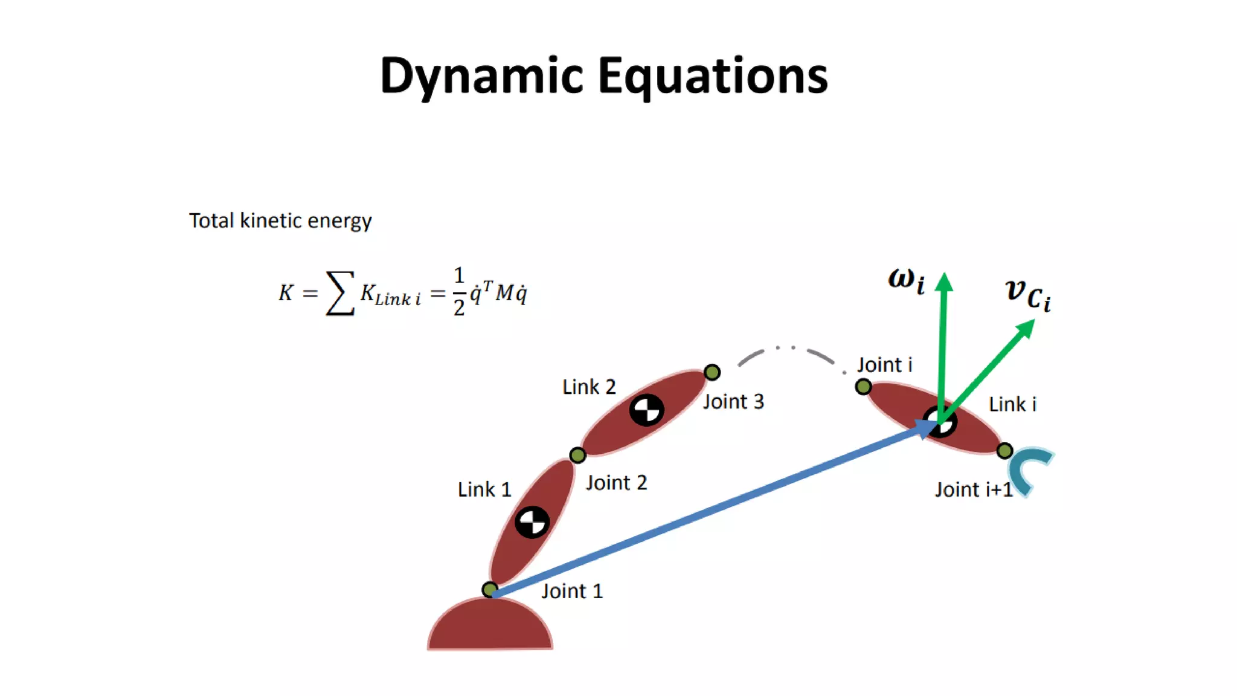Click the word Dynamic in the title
481,77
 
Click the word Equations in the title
713,77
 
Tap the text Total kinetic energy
280,221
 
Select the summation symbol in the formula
340,293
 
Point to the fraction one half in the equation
459,292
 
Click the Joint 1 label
571,591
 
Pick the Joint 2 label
616,483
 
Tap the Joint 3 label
733,402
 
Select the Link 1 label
484,489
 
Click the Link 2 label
589,387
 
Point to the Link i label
1012,404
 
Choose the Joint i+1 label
974,489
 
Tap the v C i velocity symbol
1027,295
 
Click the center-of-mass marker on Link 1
532,522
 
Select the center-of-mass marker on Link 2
646,410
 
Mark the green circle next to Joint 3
712,372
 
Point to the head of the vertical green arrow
944,282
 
